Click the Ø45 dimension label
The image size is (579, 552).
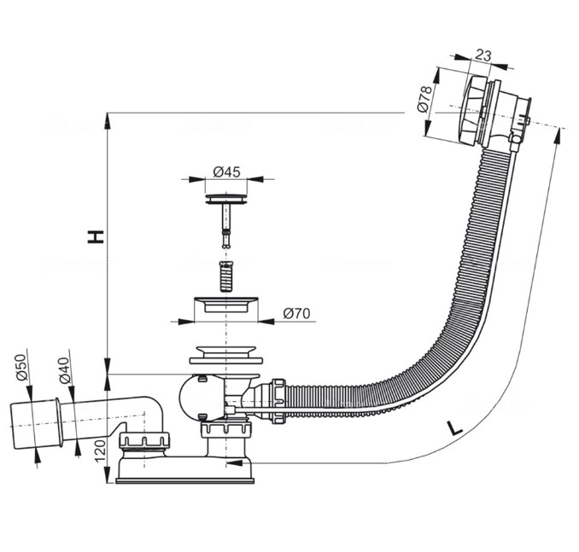click(225, 172)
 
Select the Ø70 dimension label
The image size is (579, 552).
click(295, 313)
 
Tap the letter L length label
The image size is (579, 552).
click(454, 429)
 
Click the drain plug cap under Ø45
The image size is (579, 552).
click(225, 200)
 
